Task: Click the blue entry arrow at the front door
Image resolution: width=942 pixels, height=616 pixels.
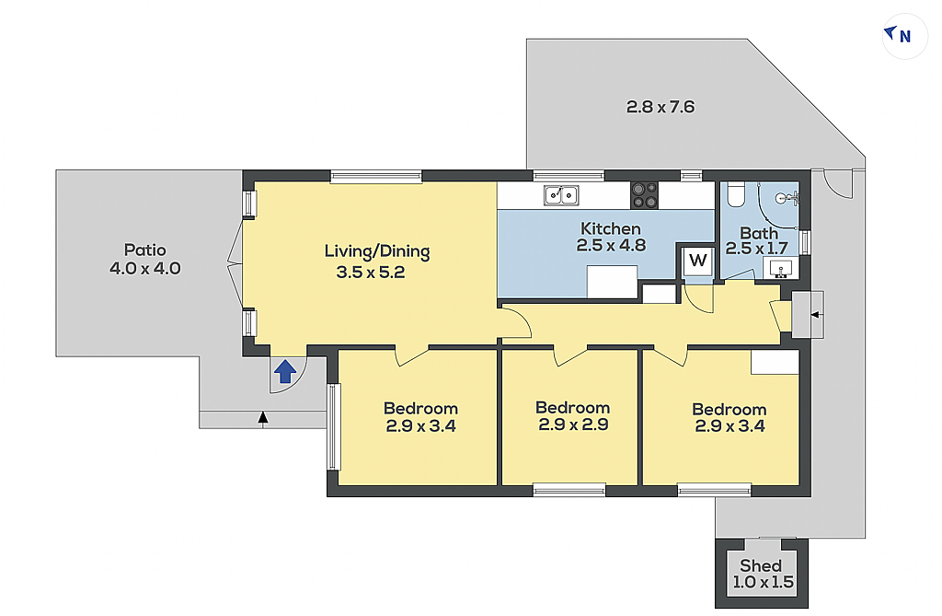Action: [285, 371]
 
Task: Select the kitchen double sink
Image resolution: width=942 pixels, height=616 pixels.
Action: [561, 195]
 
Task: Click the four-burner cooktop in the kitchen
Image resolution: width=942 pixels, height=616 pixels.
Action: [644, 195]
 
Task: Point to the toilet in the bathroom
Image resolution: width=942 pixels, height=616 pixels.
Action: [736, 193]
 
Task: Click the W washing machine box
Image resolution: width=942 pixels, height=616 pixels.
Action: [697, 262]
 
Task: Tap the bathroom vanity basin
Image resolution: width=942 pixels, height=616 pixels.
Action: [781, 268]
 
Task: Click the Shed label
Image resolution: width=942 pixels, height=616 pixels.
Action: [761, 565]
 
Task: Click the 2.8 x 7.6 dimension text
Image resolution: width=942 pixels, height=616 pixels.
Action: [661, 107]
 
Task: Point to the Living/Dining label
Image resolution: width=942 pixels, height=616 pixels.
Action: [377, 251]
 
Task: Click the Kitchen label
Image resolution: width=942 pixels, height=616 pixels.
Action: [611, 228]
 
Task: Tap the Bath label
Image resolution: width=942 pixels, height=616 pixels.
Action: [759, 233]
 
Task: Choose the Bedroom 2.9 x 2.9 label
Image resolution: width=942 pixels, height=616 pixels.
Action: [573, 416]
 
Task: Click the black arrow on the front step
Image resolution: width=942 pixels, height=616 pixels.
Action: [262, 419]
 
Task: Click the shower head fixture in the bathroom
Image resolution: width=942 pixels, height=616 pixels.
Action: [788, 197]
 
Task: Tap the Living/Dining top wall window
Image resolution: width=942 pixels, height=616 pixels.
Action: [376, 176]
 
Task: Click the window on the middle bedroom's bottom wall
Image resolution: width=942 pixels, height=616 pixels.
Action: [569, 490]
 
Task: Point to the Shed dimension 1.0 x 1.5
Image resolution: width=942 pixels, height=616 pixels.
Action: [763, 582]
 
